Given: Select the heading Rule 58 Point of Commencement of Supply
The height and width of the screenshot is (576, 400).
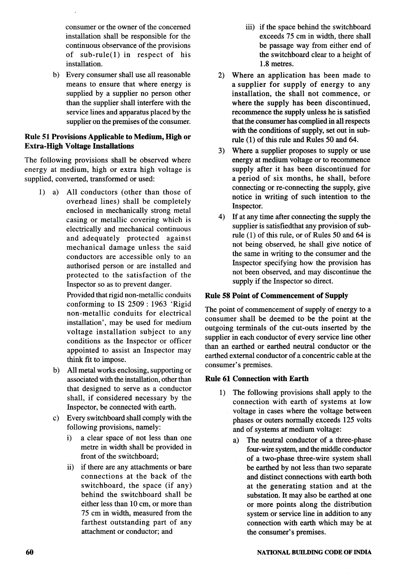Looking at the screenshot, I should [276, 296].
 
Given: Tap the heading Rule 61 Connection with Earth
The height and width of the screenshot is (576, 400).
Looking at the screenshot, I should [257, 378].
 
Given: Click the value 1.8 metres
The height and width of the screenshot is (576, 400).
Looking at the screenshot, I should [276, 64].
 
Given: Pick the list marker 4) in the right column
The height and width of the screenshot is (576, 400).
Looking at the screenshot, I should [221, 217].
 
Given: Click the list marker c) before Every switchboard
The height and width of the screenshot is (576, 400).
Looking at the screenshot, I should [56, 418].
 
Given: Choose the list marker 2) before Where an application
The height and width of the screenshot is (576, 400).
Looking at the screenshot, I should [221, 75].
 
